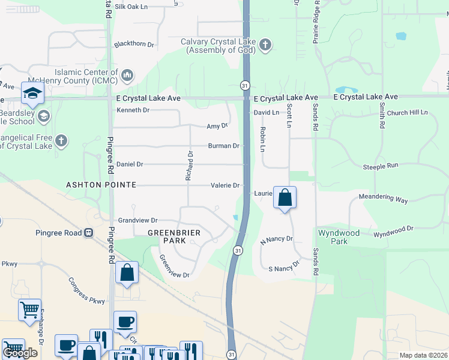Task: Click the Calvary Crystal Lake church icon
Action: tap(265, 45)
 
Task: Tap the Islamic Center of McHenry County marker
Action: tap(127, 75)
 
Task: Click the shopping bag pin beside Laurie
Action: tap(285, 197)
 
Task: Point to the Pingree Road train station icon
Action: tap(89, 232)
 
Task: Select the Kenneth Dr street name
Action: tap(133, 110)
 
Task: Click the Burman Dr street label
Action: tap(224, 146)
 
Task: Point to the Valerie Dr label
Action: tap(226, 185)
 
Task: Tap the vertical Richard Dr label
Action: tap(190, 166)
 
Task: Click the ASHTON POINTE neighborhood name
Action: tap(101, 185)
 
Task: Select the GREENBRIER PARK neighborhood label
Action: tap(173, 236)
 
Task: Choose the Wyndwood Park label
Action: tap(339, 237)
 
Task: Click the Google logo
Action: tap(20, 353)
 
